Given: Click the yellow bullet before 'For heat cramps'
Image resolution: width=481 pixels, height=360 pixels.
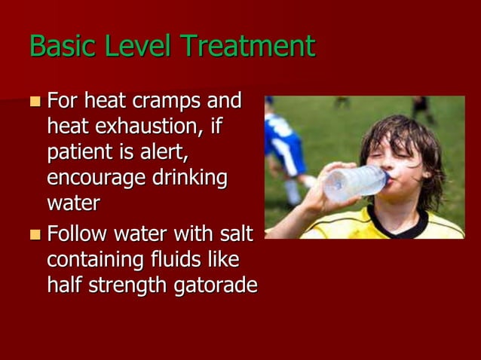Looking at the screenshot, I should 36,101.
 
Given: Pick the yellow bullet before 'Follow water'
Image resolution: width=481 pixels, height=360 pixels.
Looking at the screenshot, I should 36,234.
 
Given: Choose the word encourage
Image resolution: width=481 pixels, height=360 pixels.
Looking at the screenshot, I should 96,180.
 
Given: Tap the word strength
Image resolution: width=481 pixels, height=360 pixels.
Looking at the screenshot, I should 128,287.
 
